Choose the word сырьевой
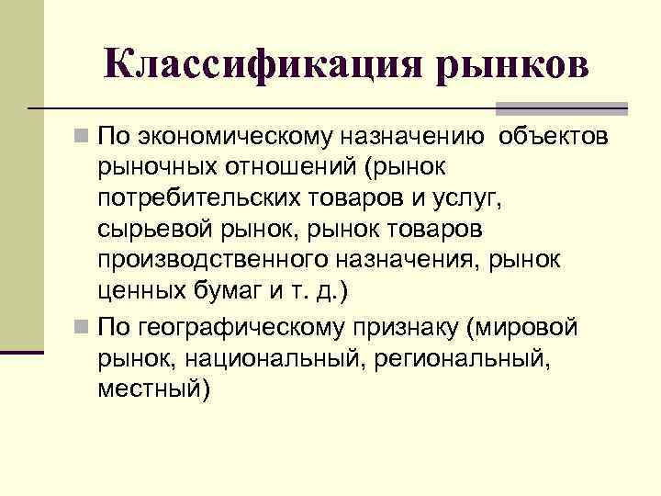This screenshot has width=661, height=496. click(151, 229)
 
